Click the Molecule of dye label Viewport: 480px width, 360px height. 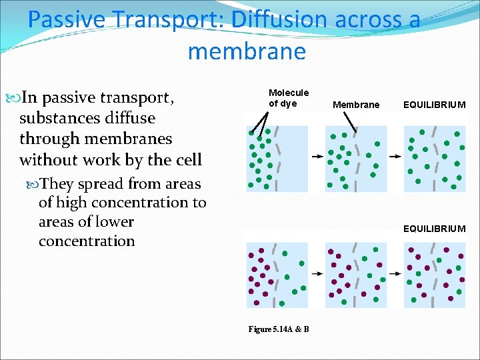coord(288,98)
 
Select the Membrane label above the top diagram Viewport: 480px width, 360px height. coord(356,105)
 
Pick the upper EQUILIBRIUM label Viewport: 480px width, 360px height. coord(434,105)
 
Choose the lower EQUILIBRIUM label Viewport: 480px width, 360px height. coord(434,229)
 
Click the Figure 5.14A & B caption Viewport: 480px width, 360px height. coord(278,329)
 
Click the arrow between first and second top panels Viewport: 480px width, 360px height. coord(317,157)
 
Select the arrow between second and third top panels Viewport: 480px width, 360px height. coord(395,157)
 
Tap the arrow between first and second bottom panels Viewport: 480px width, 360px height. coord(317,273)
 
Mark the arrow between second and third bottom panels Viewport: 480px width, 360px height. coord(395,273)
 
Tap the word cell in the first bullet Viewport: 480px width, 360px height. coord(187,160)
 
